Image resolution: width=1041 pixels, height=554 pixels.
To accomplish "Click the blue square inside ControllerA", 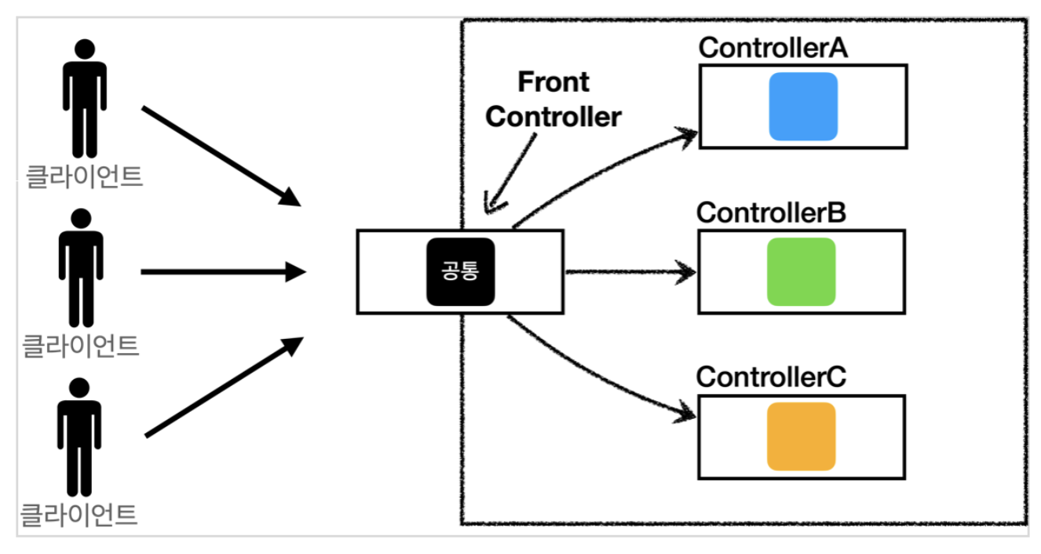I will [803, 107].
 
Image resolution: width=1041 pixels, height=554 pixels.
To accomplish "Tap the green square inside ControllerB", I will [801, 272].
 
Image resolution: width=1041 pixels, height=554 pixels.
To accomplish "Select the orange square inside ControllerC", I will [801, 436].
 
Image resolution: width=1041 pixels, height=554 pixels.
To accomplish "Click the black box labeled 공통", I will [461, 272].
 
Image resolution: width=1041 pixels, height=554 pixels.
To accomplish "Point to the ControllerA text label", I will [774, 48].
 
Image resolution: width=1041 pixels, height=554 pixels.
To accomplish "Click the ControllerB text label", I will [771, 213].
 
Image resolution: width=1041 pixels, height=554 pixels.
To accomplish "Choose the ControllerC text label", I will [771, 377].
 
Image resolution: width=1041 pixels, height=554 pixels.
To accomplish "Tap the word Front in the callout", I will [553, 82].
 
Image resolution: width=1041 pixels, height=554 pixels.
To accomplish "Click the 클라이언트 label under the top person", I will [84, 176].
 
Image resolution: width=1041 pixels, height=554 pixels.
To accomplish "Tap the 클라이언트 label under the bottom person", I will [79, 515].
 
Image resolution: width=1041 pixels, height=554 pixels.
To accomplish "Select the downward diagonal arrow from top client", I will [220, 155].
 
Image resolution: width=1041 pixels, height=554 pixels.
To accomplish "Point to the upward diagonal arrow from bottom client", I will [224, 388].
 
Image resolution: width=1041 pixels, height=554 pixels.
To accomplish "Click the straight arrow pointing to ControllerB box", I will [628, 273].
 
